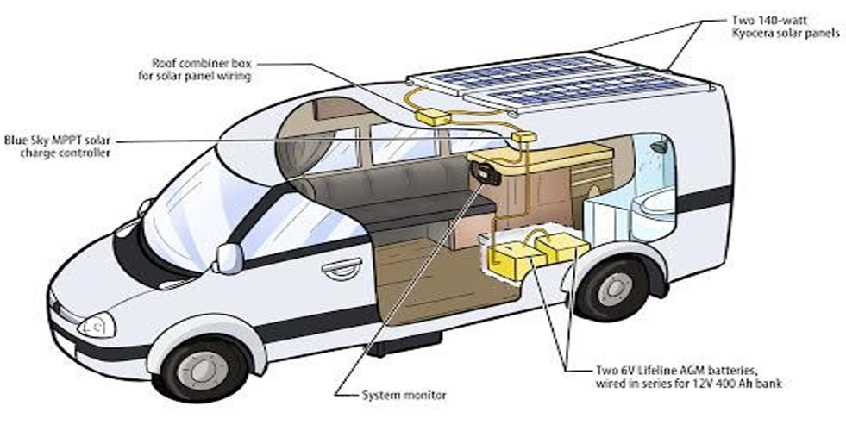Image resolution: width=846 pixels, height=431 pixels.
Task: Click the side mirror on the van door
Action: pos(229,257)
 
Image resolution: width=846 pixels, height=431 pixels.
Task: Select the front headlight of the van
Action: pos(97,325)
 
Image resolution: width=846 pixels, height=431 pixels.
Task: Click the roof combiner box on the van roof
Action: pos(434,115)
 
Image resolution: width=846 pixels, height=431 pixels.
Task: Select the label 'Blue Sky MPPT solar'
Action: pos(60,141)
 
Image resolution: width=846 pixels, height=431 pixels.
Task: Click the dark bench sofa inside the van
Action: pos(379,194)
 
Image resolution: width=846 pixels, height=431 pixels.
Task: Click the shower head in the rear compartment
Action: pos(660,148)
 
